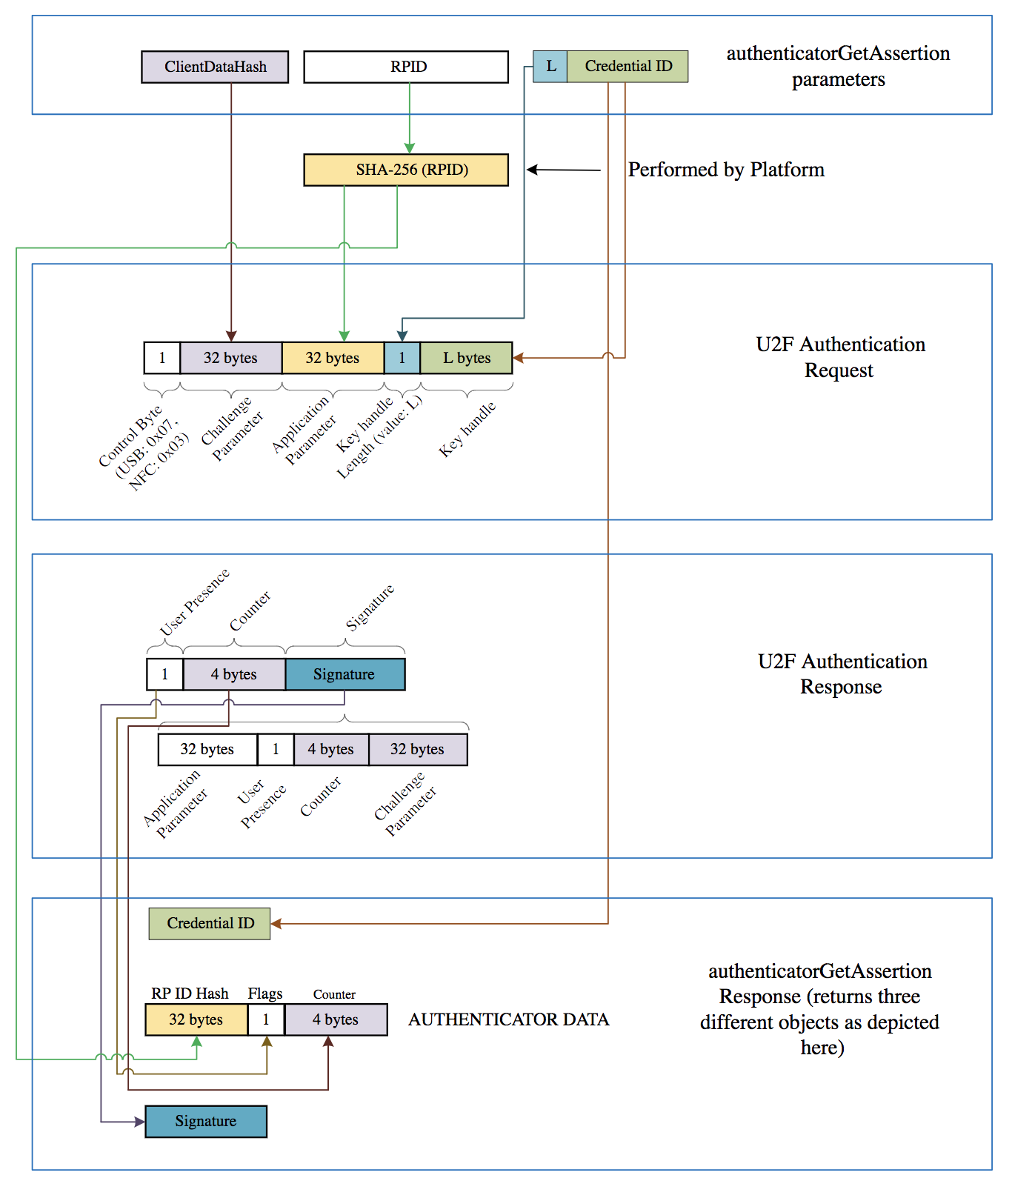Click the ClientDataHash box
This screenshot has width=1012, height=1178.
[x=215, y=67]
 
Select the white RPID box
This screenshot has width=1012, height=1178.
[x=406, y=67]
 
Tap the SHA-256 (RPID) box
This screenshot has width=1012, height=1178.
[x=406, y=170]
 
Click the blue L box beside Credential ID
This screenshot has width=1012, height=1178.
[x=550, y=66]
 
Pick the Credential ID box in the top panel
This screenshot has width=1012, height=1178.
[x=627, y=66]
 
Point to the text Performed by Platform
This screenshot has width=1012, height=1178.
[x=726, y=170]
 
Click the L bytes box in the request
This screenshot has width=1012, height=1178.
[x=466, y=358]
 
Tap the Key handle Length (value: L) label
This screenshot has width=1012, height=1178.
[x=378, y=437]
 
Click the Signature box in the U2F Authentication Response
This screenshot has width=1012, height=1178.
[x=344, y=674]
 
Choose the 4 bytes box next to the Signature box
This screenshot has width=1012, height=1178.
[x=234, y=674]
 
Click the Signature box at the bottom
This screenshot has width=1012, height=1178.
[x=206, y=1121]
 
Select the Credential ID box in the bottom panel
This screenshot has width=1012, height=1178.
[x=210, y=923]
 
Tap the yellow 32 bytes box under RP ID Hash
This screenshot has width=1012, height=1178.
[x=196, y=1019]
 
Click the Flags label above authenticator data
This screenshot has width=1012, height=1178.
[x=265, y=994]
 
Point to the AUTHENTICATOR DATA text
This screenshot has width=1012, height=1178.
[x=508, y=1019]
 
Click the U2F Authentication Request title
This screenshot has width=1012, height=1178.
[x=840, y=357]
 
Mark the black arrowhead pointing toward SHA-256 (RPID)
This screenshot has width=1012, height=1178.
[x=532, y=170]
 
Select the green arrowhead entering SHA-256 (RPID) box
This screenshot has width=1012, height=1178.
[x=409, y=149]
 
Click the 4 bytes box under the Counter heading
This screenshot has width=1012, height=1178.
[x=336, y=1019]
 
